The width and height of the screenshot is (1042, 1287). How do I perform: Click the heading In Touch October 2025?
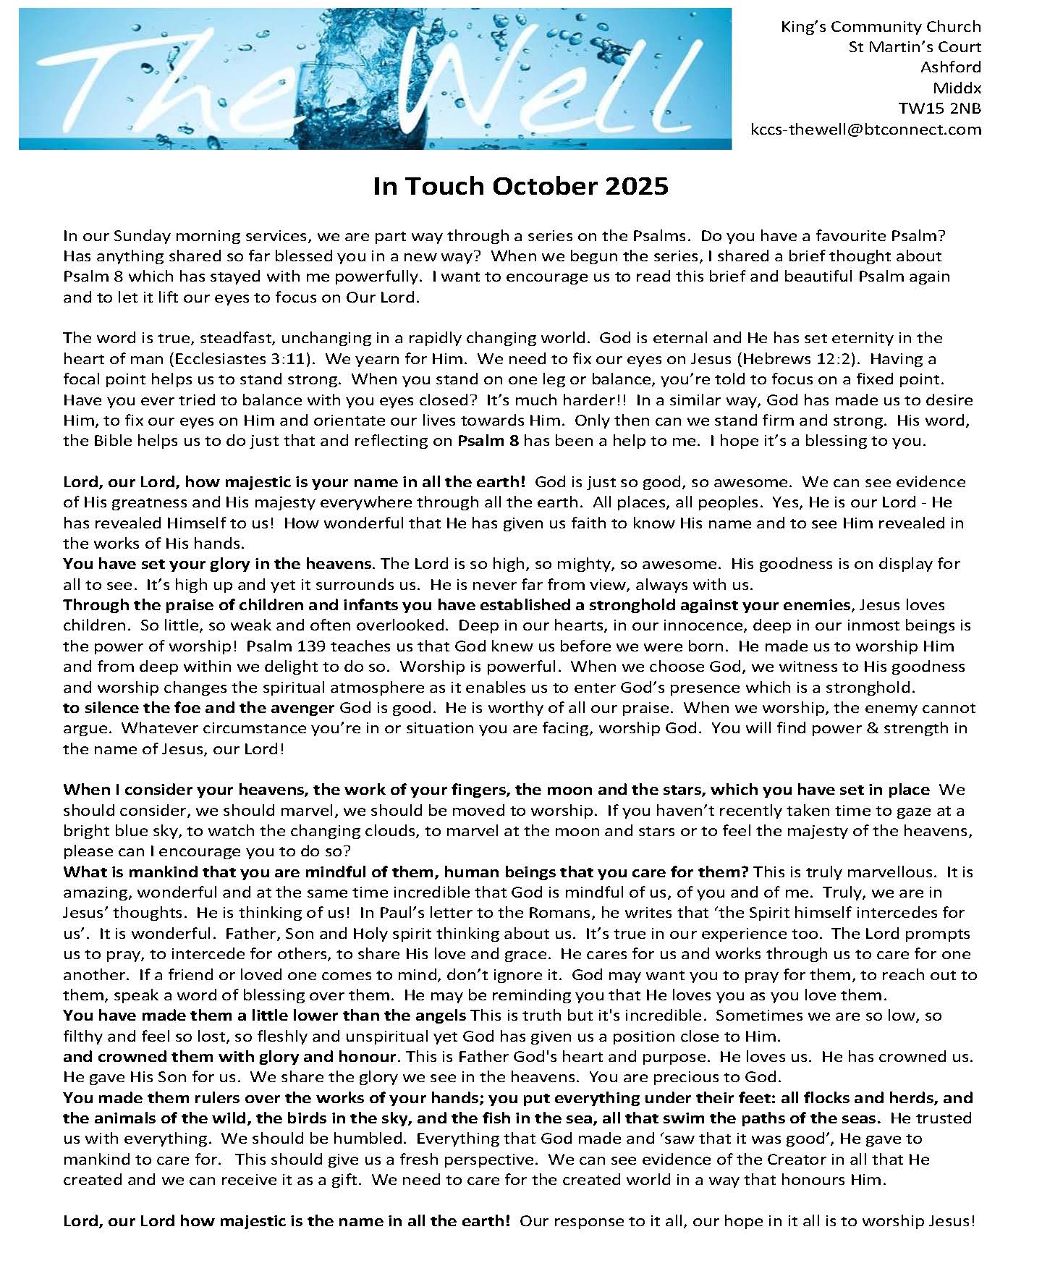[520, 187]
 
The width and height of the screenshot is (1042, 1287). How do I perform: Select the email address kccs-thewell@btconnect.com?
[867, 130]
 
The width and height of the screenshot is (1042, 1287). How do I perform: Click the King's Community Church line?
[881, 27]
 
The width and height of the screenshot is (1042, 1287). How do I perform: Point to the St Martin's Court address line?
[915, 47]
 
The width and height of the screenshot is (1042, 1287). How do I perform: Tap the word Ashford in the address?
[950, 67]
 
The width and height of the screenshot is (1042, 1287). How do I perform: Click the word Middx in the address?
[957, 88]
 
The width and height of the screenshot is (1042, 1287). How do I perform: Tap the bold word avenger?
[303, 708]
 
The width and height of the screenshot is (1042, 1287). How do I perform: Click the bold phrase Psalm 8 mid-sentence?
[488, 441]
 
